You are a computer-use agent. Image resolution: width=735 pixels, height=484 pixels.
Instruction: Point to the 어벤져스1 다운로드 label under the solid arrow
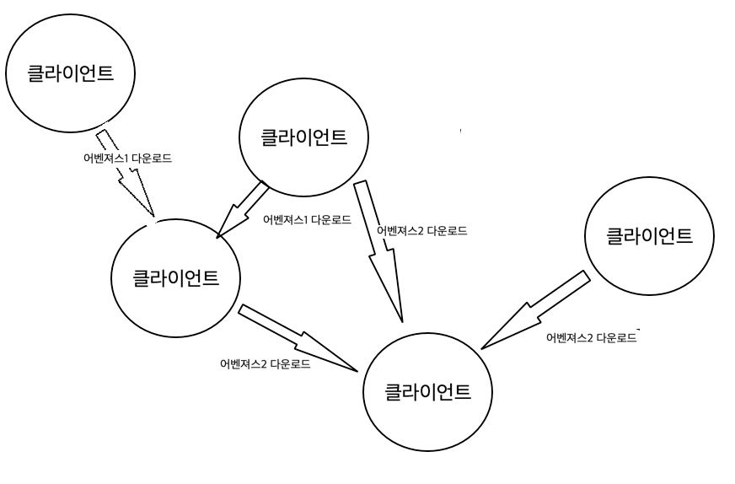307,220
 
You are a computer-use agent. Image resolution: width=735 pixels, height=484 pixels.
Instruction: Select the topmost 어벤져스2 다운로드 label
421,230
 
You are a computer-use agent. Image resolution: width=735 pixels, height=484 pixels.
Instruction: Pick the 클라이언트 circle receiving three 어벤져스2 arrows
427,391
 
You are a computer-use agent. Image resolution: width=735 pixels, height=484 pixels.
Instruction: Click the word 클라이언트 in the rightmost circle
650,235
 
